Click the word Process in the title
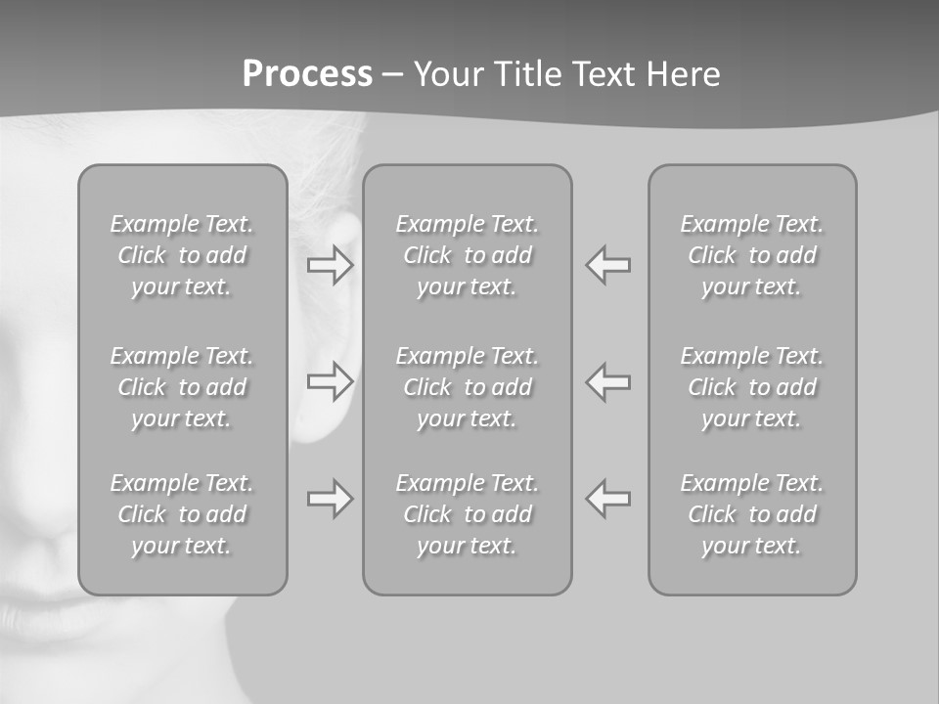307,74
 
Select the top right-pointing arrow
331,265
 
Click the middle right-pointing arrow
331,381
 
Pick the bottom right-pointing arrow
331,499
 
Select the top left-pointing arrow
607,265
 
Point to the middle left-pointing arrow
607,381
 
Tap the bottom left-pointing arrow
607,499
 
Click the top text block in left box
182,255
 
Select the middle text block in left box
182,387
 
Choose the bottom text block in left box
182,514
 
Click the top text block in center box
467,255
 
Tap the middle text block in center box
467,387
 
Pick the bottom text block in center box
467,514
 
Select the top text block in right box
751,255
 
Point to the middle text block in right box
751,387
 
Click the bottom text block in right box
751,514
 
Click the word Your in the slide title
447,74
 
